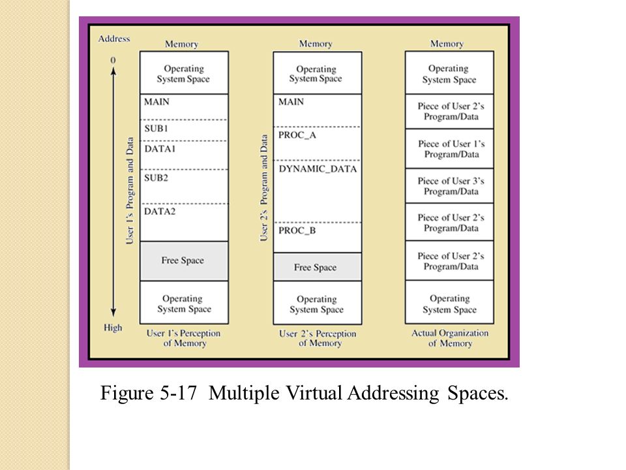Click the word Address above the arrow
[x=113, y=39]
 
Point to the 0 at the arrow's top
[x=113, y=60]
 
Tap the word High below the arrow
[x=113, y=328]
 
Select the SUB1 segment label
[x=156, y=129]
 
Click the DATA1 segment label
[x=160, y=149]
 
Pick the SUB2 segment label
[x=156, y=177]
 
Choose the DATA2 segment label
[x=160, y=211]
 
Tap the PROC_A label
[x=297, y=135]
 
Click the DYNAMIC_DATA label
[x=318, y=169]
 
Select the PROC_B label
[x=297, y=230]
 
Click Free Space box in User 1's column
[x=183, y=260]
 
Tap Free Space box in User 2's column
[x=316, y=268]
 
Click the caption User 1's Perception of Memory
[x=183, y=338]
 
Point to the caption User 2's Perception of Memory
[x=318, y=338]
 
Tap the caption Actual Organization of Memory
[x=449, y=338]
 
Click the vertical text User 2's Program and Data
[x=264, y=187]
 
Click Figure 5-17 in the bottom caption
[x=153, y=394]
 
